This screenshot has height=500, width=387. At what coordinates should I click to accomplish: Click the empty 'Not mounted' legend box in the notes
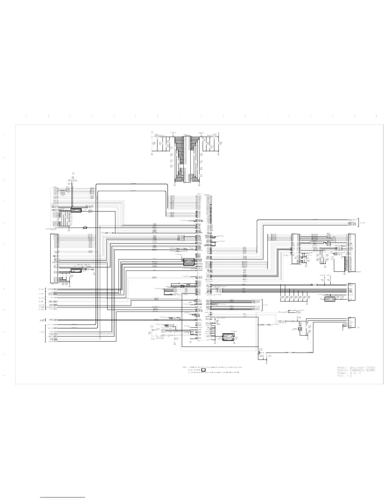(x=204, y=370)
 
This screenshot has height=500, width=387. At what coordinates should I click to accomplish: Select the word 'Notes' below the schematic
(x=184, y=367)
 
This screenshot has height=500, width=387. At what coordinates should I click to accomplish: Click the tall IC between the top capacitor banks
(x=187, y=159)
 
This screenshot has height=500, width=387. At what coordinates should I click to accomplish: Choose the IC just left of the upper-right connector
(x=295, y=249)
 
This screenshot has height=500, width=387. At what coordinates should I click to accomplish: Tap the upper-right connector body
(x=351, y=253)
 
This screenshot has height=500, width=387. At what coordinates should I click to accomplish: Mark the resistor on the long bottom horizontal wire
(x=291, y=352)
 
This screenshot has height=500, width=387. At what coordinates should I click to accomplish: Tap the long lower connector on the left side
(x=52, y=259)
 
